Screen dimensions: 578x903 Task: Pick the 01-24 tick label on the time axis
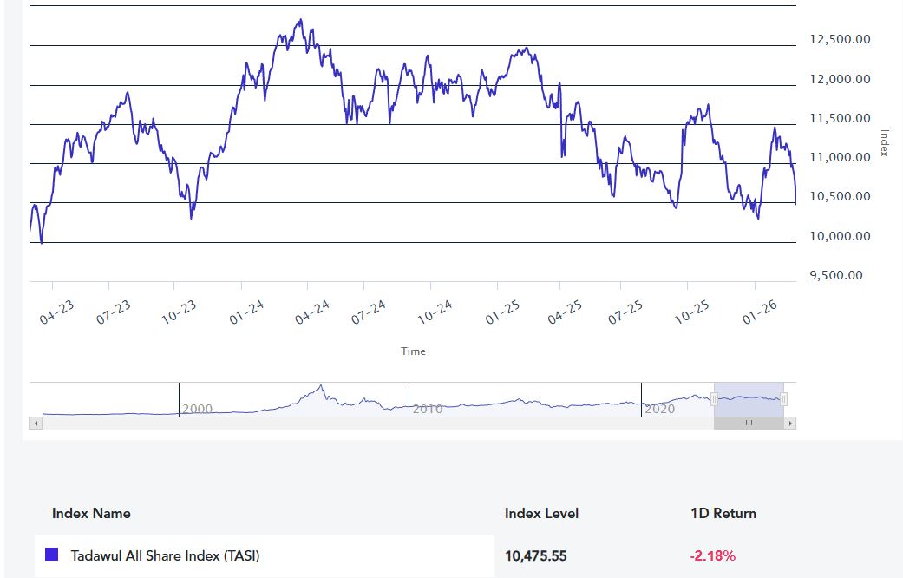tap(247, 313)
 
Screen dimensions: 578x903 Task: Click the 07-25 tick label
tap(625, 313)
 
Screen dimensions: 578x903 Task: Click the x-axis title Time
tap(413, 351)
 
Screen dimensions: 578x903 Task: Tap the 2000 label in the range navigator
tap(197, 409)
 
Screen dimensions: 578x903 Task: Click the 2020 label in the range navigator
tap(659, 409)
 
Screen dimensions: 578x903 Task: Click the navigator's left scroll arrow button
tap(36, 424)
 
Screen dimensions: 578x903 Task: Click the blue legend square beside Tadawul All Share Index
tap(51, 555)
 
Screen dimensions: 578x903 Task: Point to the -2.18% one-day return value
tap(712, 555)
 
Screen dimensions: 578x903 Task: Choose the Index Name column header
tap(91, 513)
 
